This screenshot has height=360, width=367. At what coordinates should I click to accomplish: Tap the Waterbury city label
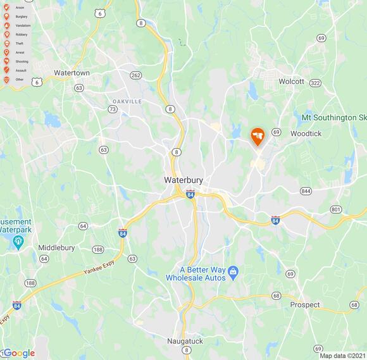tap(183, 180)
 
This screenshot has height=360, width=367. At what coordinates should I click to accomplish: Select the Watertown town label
tap(72, 73)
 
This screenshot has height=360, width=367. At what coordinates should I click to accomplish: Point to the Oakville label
tap(127, 101)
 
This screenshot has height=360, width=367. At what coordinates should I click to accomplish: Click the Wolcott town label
tap(292, 82)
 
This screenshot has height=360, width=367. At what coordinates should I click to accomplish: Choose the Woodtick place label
tap(306, 133)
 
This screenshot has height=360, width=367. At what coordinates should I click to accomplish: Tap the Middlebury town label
tap(56, 247)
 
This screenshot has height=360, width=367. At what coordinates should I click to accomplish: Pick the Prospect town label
tap(305, 304)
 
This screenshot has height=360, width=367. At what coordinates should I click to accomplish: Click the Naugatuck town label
tap(184, 341)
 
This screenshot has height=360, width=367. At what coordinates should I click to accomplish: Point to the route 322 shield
tap(316, 83)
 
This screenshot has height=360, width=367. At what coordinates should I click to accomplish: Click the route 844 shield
tap(306, 191)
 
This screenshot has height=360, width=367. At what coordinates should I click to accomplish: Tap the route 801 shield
tap(336, 209)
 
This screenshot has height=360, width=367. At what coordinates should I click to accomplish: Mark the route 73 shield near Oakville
tap(113, 109)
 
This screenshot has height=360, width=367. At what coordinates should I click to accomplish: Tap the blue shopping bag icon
tap(233, 271)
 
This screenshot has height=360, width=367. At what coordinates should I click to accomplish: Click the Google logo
tap(19, 353)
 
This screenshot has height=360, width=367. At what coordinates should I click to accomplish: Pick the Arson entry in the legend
tap(15, 7)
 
